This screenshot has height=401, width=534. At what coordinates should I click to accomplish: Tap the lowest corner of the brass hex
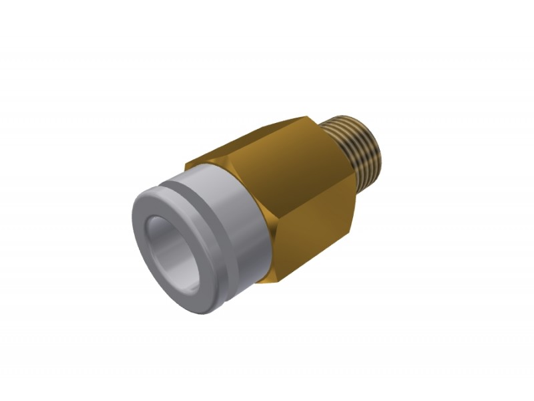[280, 281]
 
